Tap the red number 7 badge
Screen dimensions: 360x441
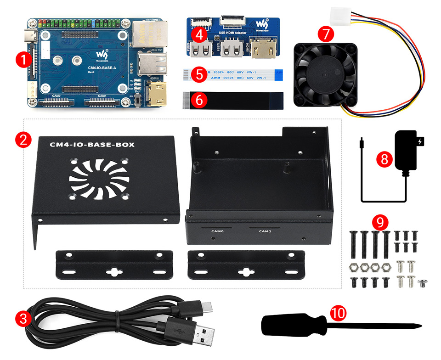(x=326, y=34)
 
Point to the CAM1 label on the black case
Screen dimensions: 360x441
(x=265, y=231)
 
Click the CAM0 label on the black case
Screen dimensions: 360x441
(x=217, y=231)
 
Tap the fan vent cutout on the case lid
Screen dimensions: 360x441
(x=99, y=179)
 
